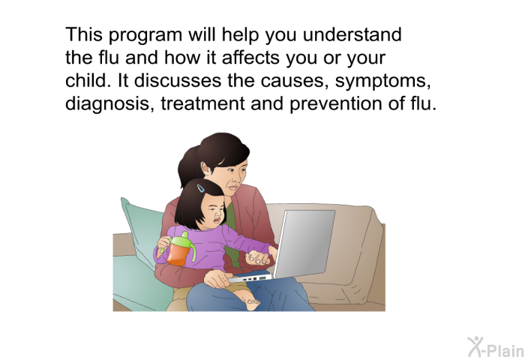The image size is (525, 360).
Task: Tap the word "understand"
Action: point(352,34)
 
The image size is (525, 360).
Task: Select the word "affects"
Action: point(250,57)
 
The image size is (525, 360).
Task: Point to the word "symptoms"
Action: point(383,82)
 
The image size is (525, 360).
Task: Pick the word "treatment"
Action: point(203,103)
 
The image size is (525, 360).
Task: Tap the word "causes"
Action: point(295,82)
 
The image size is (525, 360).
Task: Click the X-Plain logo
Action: point(496,347)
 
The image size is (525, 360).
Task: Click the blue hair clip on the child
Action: point(201,188)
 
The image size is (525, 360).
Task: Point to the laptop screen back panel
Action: point(304,244)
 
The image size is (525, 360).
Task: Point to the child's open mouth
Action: point(217,220)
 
